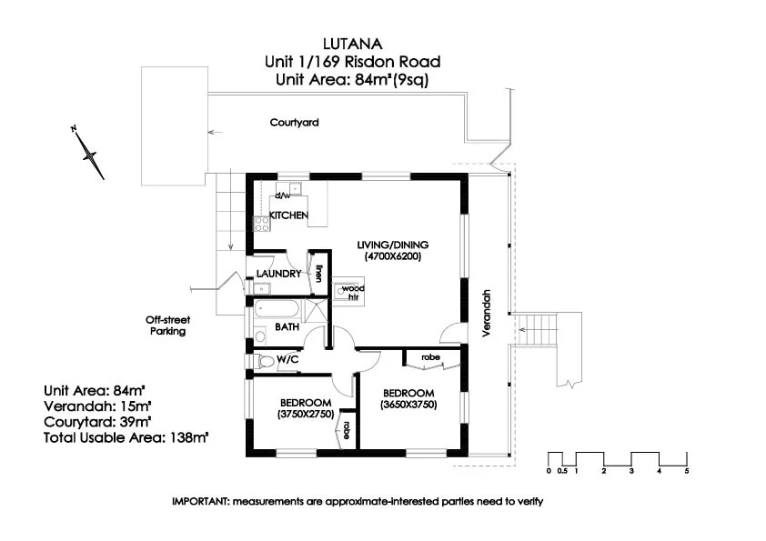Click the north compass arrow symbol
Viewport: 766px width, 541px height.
[88, 155]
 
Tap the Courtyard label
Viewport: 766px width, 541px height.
[294, 123]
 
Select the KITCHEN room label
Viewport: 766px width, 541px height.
[288, 215]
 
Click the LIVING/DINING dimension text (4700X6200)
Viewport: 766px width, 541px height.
[393, 256]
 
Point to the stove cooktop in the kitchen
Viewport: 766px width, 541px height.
[261, 224]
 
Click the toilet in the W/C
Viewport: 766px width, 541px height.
[266, 362]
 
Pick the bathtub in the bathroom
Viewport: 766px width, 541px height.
[276, 309]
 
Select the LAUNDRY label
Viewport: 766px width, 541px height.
[279, 274]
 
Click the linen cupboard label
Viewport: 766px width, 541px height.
[318, 274]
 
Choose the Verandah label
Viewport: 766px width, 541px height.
[486, 313]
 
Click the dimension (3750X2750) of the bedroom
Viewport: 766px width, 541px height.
[306, 414]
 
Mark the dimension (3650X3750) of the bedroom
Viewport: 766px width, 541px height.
[408, 405]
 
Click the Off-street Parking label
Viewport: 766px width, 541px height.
[167, 326]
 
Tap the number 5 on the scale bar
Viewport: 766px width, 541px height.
[686, 471]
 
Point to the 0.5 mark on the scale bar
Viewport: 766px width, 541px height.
[562, 471]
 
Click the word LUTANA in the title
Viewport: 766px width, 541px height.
[353, 44]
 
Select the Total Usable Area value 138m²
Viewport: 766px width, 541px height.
[189, 437]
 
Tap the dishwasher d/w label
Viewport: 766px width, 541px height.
[282, 195]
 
